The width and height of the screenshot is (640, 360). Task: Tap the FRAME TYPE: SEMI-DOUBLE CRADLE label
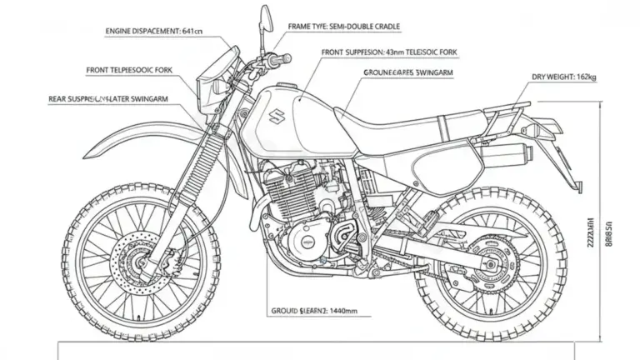344,27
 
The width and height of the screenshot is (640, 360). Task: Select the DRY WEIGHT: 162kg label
564,77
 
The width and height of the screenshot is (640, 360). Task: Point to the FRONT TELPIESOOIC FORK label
129,71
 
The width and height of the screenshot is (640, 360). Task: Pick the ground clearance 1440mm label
313,310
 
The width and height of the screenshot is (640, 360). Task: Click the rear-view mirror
265,17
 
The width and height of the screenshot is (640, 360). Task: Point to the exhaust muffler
502,153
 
